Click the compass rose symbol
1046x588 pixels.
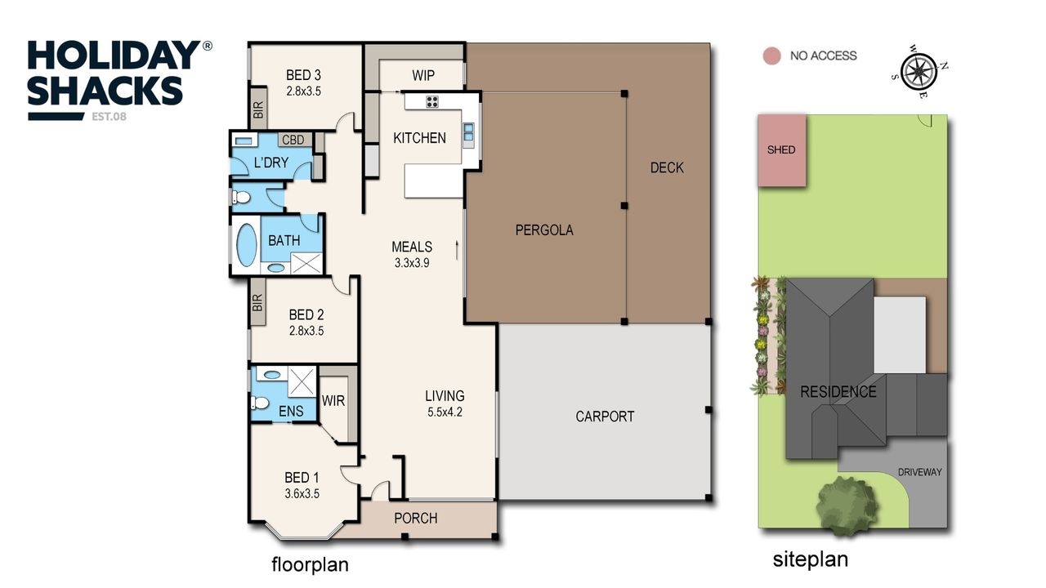(x=919, y=72)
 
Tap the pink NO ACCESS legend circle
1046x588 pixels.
(x=772, y=56)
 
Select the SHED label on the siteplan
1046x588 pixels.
(x=781, y=149)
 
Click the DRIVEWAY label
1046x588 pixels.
(x=919, y=472)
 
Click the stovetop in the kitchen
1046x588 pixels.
(x=432, y=102)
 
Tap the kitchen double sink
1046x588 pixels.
(x=468, y=132)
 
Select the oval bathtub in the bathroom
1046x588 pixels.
(x=247, y=245)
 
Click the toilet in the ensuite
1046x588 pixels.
(x=260, y=403)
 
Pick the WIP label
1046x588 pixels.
(x=423, y=75)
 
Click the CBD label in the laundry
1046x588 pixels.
(x=293, y=140)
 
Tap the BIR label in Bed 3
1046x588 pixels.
(x=258, y=109)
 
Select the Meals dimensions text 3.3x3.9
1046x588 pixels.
(x=412, y=263)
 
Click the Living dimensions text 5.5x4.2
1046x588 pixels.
(x=445, y=412)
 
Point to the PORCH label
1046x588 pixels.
(x=416, y=519)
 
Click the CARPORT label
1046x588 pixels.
(x=605, y=416)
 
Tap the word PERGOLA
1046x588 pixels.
(x=544, y=230)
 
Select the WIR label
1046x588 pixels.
(x=333, y=401)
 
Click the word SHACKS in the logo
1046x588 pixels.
(x=105, y=91)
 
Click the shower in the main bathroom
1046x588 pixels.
(x=306, y=263)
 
